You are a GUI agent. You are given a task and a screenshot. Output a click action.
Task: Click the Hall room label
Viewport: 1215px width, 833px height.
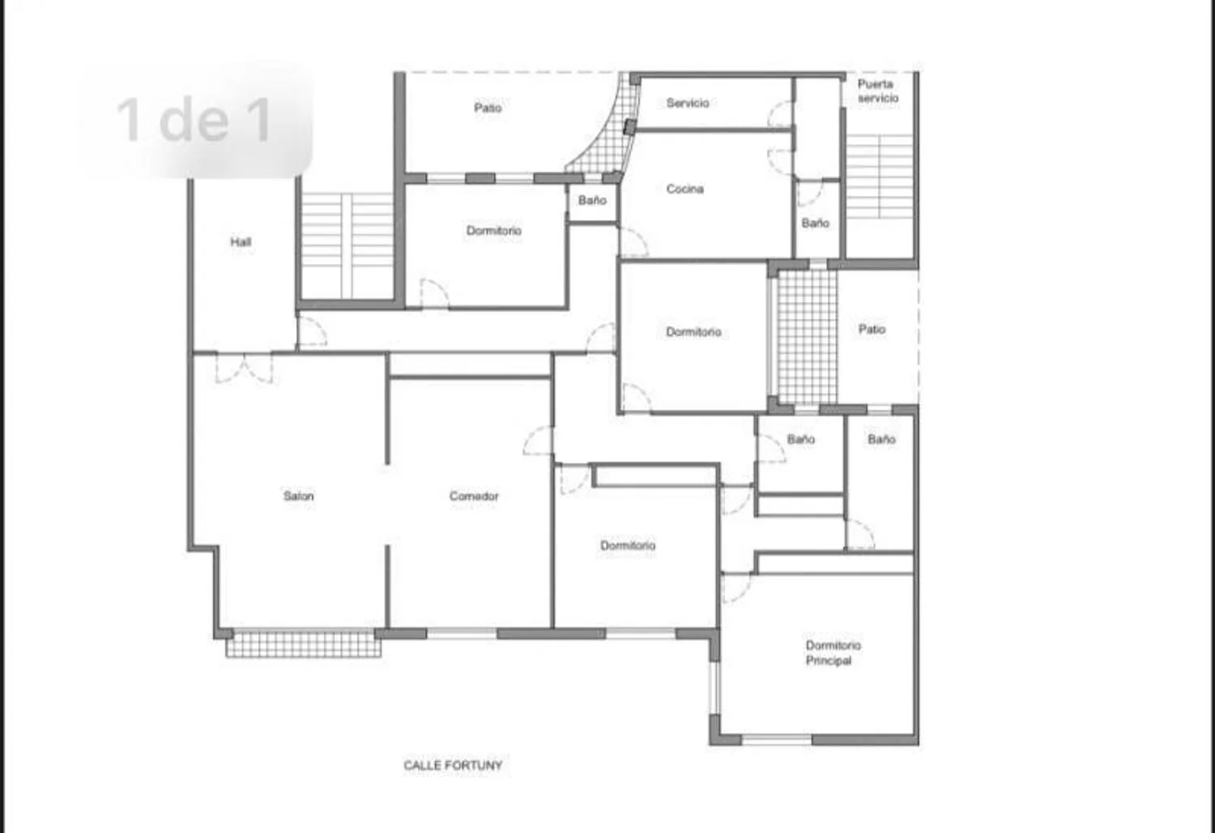[241, 242]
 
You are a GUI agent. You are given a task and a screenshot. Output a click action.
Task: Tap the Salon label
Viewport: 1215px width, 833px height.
[298, 496]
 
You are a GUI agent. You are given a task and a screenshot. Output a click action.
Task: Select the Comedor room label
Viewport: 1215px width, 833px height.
[474, 496]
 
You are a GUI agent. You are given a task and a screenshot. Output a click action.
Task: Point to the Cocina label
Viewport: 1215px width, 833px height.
[684, 189]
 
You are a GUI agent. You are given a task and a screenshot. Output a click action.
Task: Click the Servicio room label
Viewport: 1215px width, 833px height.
[687, 103]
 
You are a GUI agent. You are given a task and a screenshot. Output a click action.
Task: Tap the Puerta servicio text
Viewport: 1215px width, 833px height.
[877, 91]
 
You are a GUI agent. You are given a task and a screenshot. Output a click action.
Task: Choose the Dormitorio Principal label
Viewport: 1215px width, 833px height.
[833, 653]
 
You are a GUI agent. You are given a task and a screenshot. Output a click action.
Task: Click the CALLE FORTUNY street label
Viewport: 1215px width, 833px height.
[453, 765]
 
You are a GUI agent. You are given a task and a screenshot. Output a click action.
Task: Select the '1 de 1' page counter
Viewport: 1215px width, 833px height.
[194, 121]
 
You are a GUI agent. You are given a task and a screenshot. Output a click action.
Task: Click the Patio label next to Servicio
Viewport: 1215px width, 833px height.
[488, 108]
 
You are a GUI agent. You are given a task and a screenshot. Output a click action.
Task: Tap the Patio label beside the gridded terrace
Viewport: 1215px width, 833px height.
[872, 329]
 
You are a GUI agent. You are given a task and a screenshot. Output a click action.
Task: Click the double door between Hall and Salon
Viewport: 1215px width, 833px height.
[244, 368]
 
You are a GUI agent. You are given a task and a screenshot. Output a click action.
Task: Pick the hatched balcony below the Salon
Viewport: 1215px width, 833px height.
[303, 644]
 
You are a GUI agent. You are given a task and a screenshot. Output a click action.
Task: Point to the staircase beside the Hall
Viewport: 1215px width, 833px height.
[347, 245]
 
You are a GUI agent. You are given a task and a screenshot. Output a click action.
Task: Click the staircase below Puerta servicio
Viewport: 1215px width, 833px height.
[879, 176]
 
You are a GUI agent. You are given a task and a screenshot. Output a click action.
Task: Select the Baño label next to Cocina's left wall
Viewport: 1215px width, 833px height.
[592, 201]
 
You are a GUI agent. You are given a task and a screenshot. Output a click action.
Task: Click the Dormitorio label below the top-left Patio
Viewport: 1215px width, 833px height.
[493, 231]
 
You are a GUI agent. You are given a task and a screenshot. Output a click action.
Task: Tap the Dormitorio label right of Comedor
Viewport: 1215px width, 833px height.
[628, 546]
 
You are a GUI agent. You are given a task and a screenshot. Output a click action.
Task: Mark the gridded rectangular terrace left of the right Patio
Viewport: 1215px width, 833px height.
[807, 337]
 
